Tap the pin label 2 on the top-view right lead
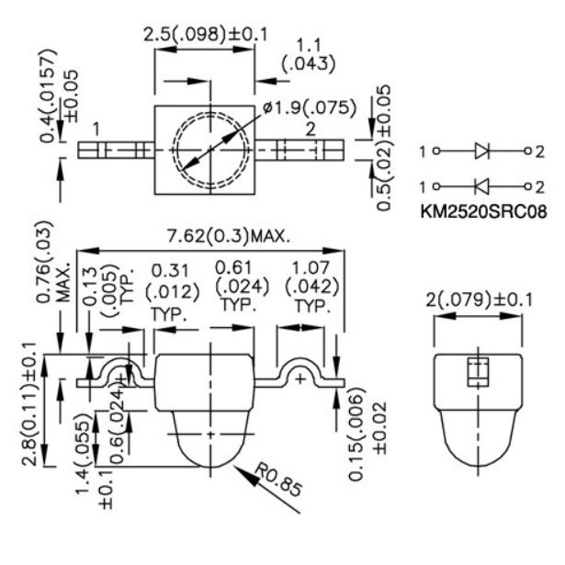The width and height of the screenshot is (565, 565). pyautogui.click(x=312, y=130)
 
